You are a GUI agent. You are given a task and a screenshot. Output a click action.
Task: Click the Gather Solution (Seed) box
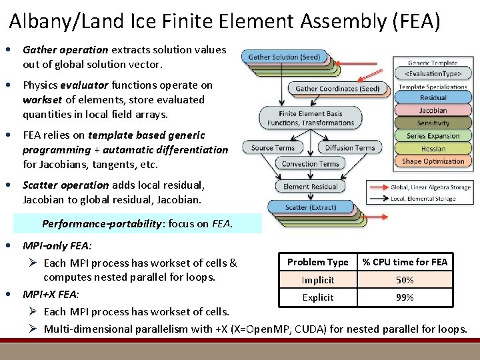tap(284, 57)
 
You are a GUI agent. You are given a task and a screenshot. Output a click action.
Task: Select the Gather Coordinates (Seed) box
tap(337, 88)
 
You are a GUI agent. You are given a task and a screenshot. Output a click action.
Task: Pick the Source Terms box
tap(273, 147)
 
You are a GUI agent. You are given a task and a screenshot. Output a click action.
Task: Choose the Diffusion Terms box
tap(349, 147)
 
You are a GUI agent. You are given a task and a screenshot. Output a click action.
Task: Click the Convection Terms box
tap(310, 163)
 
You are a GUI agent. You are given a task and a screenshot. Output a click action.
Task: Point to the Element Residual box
tap(311, 187)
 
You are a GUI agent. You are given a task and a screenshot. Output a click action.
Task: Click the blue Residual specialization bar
tap(433, 98)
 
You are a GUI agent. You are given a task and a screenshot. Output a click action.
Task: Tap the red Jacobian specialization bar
tap(433, 111)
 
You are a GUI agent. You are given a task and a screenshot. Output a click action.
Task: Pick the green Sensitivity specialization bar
tap(433, 123)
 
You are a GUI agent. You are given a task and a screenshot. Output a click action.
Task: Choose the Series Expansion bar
tap(433, 136)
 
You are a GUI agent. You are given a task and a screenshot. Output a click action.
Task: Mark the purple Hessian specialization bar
tap(433, 149)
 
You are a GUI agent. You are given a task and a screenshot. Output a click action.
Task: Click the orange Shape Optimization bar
tap(433, 161)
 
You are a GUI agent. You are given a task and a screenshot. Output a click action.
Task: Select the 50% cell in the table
tap(405, 280)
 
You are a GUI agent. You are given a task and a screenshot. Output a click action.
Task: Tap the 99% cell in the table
tap(405, 297)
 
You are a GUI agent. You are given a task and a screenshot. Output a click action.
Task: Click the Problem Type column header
tap(318, 262)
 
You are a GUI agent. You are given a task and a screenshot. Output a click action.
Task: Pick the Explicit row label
tap(318, 297)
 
